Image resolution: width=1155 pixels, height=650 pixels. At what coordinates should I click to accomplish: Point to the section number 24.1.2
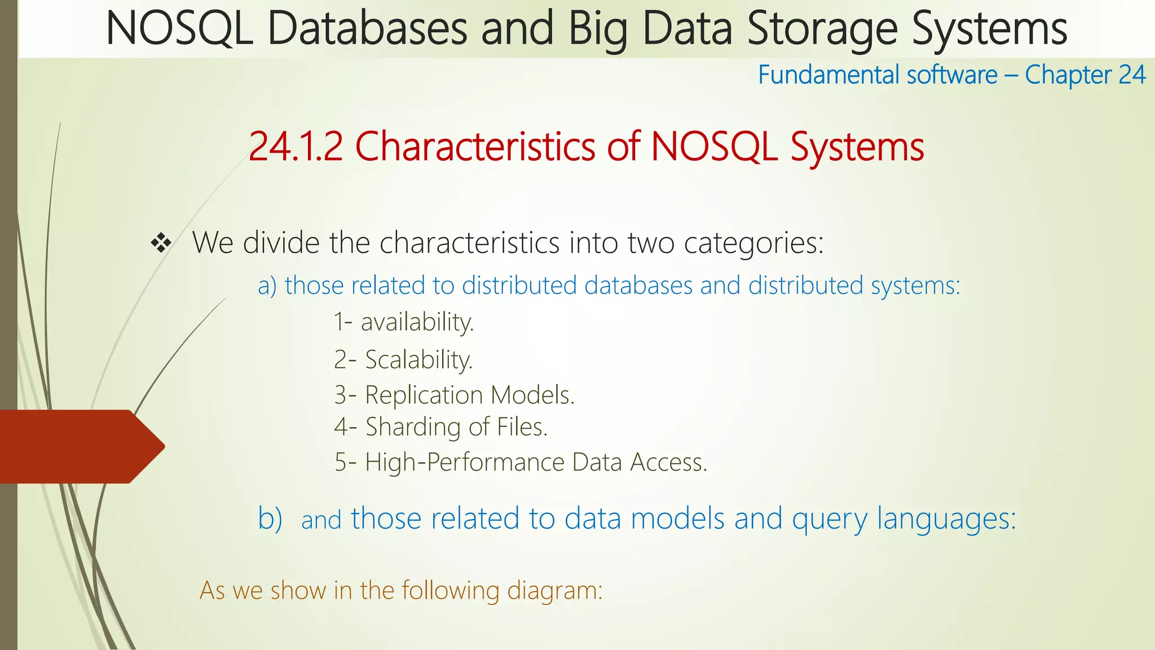tap(296, 147)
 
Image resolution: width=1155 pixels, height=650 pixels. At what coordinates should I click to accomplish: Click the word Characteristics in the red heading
tap(475, 147)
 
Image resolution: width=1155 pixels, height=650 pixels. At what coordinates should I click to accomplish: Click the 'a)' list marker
tap(267, 286)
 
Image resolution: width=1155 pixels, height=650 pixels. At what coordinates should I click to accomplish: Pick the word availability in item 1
tap(417, 322)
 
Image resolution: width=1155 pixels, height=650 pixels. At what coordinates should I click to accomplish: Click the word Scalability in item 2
tap(419, 359)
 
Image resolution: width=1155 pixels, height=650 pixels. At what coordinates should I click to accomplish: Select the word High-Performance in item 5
tap(465, 462)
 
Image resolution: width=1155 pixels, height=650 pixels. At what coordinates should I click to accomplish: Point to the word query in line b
tap(830, 519)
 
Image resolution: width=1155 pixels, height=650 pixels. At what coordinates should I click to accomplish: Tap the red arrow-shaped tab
tap(79, 446)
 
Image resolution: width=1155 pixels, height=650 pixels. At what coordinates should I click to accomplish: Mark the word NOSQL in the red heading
tap(714, 147)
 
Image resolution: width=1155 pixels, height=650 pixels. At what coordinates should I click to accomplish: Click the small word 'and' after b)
tap(321, 520)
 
